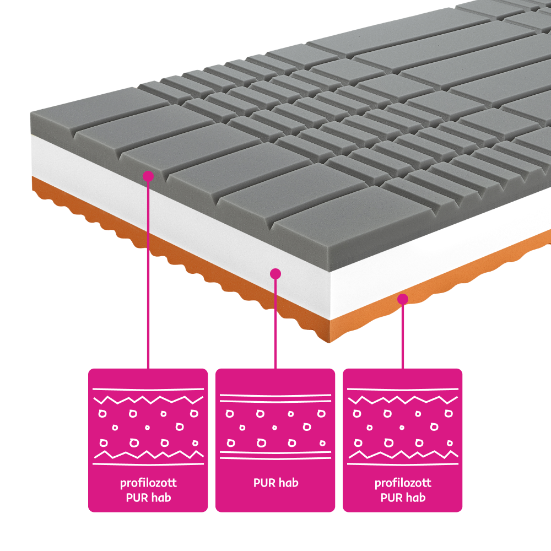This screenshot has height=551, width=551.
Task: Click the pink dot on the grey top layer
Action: [x=148, y=176]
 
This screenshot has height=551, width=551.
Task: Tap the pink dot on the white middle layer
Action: [x=275, y=274]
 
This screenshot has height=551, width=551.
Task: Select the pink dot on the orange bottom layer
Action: [x=403, y=299]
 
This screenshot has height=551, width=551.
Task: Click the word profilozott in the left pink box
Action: [x=148, y=483]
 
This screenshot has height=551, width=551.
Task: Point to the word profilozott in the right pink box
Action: [x=403, y=483]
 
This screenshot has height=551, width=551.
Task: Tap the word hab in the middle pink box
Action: [x=289, y=483]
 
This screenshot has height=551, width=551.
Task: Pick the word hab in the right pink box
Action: [x=416, y=497]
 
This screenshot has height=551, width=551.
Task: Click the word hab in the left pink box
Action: [x=161, y=497]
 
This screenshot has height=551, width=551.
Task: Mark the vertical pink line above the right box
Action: [x=403, y=336]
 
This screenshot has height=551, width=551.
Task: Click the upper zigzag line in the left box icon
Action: [x=148, y=400]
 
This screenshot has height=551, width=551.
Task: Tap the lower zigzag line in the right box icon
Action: [x=403, y=455]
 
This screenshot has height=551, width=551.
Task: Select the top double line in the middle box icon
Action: [x=275, y=398]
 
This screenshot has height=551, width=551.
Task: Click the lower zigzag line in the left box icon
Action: [x=148, y=455]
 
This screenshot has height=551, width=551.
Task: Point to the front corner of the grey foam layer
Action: [x=331, y=272]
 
